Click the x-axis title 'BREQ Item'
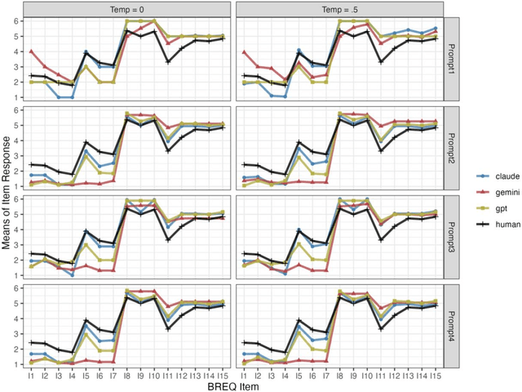tap(232, 385)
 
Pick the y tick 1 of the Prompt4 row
tap(16, 363)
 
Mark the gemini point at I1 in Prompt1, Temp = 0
tap(31, 51)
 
